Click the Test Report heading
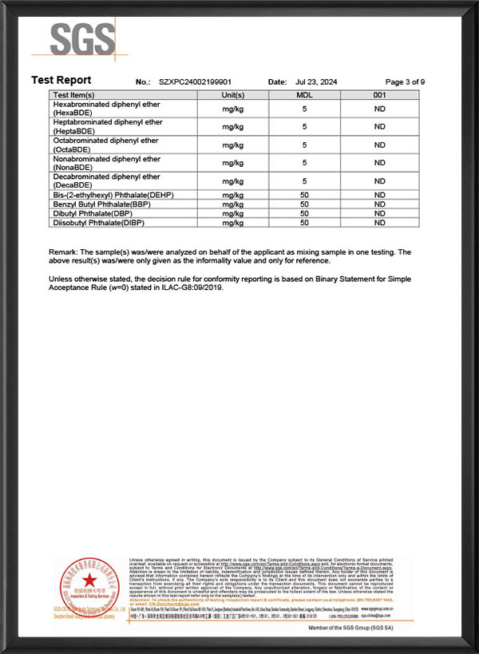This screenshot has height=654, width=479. (61, 80)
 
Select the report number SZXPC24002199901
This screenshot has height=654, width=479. (195, 82)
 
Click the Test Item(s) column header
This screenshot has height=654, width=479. (74, 94)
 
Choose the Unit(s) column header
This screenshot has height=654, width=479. (232, 94)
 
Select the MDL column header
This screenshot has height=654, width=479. (304, 94)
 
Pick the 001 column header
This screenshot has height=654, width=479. (379, 94)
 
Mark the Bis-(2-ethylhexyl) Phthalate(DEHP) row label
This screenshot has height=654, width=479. (114, 194)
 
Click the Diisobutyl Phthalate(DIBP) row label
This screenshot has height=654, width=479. (102, 223)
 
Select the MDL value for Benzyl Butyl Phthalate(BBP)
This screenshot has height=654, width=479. (304, 204)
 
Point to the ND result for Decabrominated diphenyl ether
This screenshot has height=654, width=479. (379, 181)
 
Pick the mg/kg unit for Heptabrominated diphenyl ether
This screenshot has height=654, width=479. (232, 127)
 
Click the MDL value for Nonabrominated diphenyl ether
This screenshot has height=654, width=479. (304, 163)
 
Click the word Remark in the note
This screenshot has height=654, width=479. (64, 252)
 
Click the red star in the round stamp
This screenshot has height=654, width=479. (89, 577)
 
